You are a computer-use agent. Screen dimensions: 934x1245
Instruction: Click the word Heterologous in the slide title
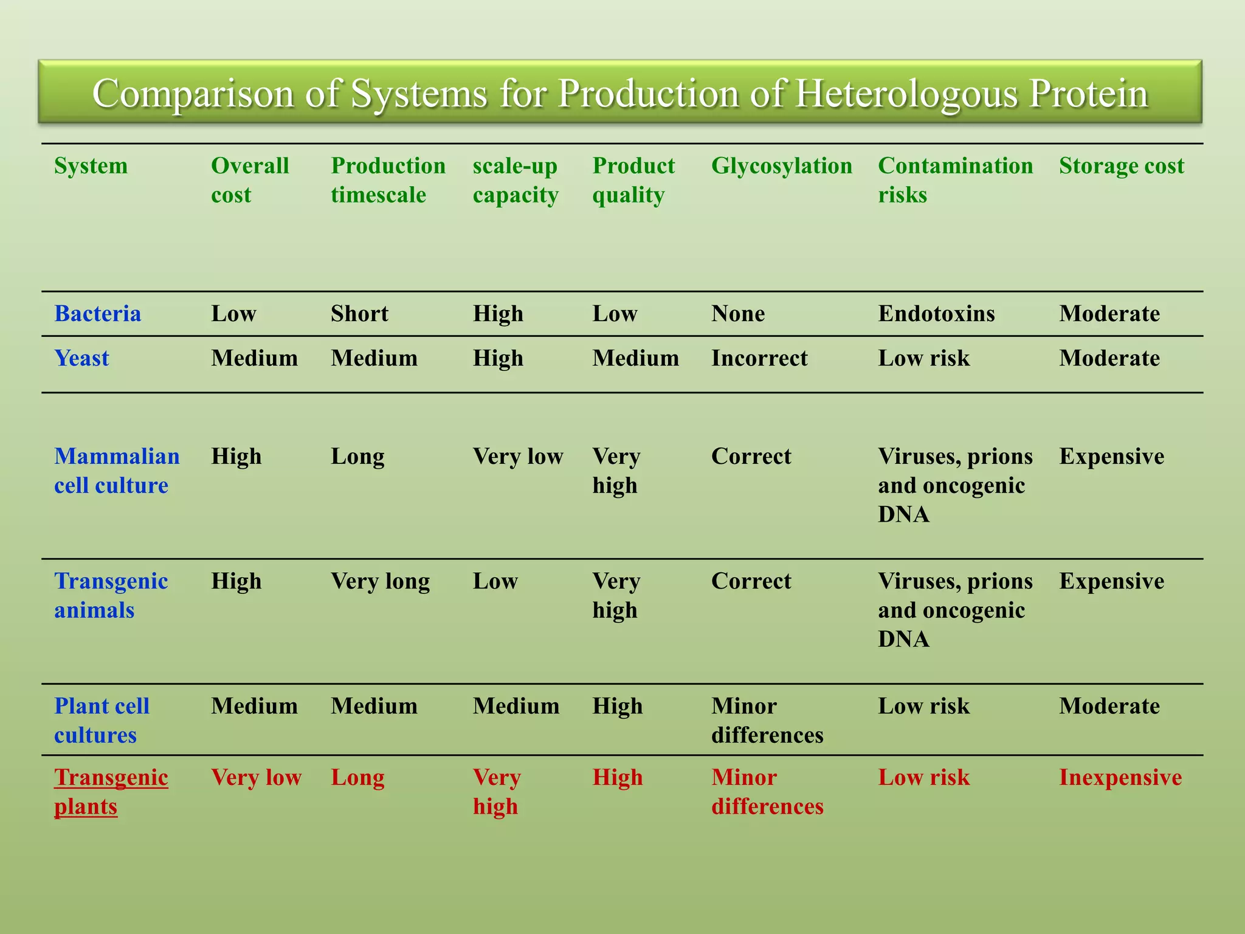tap(906, 94)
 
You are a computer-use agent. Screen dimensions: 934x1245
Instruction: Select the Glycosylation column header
tap(781, 166)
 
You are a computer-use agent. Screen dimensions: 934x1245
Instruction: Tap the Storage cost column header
tap(1121, 166)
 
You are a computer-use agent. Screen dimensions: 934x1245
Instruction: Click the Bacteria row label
tap(97, 314)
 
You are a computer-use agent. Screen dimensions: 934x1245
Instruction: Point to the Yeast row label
tap(81, 358)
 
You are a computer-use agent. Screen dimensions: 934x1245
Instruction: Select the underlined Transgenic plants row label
tap(111, 792)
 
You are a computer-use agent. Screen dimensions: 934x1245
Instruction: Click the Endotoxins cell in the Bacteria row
tap(936, 314)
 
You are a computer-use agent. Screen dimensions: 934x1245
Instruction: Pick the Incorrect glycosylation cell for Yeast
tap(759, 358)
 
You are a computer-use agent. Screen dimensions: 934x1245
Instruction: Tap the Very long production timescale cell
tap(380, 581)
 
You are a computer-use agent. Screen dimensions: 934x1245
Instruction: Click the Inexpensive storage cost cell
tap(1120, 778)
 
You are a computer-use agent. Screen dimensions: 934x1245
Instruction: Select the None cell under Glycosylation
tap(738, 314)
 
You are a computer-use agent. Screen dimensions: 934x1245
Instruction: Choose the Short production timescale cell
tap(359, 314)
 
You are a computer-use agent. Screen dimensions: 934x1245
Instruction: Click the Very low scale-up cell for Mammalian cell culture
tap(518, 457)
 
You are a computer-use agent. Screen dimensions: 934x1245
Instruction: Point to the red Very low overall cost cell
tap(256, 778)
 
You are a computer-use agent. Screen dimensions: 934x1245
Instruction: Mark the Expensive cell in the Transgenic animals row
tap(1111, 581)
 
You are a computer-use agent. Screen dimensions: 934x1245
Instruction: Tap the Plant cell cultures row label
tap(102, 721)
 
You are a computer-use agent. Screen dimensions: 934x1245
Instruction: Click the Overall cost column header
tap(249, 180)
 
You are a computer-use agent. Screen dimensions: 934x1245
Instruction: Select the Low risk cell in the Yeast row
tap(923, 358)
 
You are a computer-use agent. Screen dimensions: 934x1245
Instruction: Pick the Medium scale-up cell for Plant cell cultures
tap(516, 707)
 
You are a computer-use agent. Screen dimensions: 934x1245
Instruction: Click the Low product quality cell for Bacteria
tap(615, 314)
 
